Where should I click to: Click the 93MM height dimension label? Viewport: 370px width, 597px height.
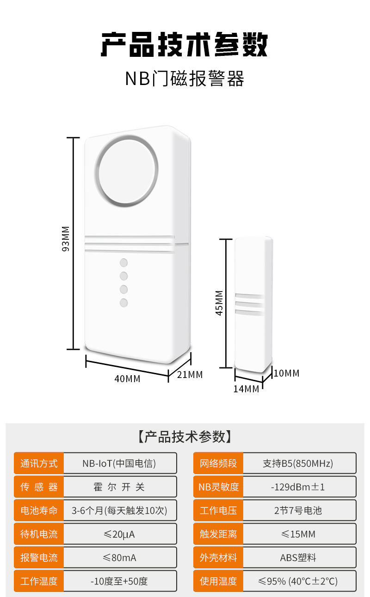click(66, 239)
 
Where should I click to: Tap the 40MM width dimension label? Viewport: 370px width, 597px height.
click(127, 379)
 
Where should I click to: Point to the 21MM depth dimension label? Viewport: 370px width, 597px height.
click(190, 375)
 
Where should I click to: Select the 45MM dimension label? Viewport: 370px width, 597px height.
click(219, 303)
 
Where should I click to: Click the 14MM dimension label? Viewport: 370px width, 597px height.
click(246, 389)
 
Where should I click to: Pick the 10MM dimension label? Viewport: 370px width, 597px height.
click(286, 373)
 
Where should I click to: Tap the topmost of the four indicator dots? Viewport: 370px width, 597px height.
click(123, 263)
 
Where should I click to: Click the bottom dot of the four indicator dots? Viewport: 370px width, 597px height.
click(123, 303)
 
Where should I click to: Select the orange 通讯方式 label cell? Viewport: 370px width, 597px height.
click(39, 463)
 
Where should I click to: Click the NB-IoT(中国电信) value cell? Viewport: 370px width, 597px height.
click(119, 463)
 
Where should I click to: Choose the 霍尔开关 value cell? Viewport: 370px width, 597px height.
click(119, 487)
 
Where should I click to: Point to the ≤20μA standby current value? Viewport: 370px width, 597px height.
click(119, 534)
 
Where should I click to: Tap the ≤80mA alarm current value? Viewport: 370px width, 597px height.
click(119, 558)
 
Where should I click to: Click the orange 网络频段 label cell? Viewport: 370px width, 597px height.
click(218, 463)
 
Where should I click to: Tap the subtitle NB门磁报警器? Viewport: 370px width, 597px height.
click(185, 79)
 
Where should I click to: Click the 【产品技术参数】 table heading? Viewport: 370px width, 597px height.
click(185, 437)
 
